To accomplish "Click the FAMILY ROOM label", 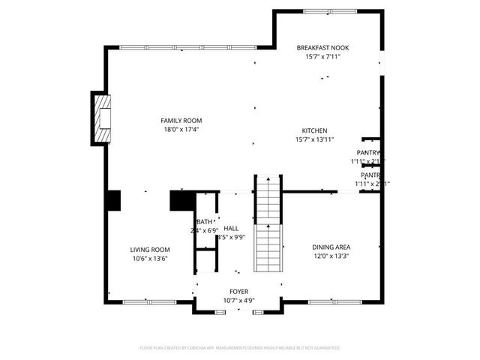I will pos(181,120).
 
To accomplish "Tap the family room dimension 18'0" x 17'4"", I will pos(181,129).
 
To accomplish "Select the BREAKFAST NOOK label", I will pos(322,47).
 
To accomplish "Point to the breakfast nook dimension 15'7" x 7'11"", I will pos(322,56).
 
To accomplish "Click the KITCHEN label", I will pos(314,130).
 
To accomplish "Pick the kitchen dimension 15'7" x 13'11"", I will pos(314,139).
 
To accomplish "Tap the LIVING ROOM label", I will pos(150,250).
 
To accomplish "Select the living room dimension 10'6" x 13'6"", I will pos(150,259).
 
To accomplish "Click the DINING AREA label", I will pos(331,247).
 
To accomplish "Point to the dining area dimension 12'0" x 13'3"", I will pos(331,256).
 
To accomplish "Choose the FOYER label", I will pos(238,291).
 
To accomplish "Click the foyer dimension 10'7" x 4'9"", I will pos(238,300).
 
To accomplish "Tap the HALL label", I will pos(231,228).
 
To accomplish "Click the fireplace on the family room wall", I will pos(101,118).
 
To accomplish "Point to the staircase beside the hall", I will pos(268,225).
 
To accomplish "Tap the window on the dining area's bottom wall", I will pos(330,302).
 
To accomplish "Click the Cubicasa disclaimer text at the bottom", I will pos(240,348).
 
